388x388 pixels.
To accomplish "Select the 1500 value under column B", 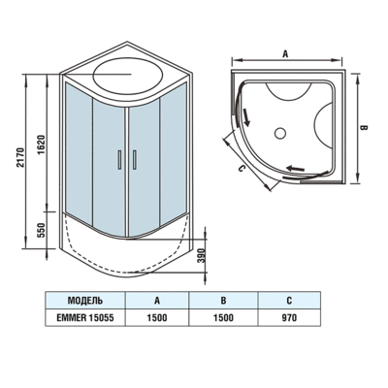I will tap(222, 316).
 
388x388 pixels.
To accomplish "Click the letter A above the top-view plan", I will tap(284, 55).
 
